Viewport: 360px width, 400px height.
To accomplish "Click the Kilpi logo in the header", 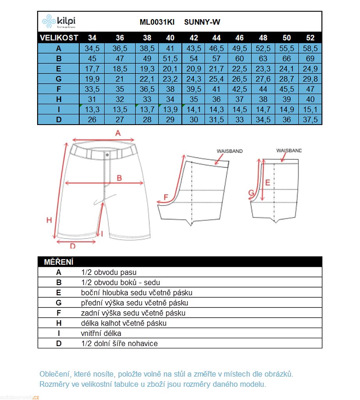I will point(59,21).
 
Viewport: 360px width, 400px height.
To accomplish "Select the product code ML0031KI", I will point(157,22).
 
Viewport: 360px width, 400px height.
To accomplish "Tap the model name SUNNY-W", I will point(202,22).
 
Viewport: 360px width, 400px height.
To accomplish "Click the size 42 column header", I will point(194,38).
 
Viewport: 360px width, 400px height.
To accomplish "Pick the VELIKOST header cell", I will point(59,38).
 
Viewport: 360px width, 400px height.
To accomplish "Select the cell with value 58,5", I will point(310,48).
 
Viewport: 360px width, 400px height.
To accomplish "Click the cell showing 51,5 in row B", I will point(170,59).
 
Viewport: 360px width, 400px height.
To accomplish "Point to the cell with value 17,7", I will point(92,69).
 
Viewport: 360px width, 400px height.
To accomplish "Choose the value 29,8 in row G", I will point(310,79).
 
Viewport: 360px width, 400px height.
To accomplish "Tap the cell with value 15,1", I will point(310,109).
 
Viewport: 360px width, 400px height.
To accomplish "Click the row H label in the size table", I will point(59,99).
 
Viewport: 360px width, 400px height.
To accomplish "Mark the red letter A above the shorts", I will point(118,133).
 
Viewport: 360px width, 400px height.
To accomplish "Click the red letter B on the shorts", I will point(119,178).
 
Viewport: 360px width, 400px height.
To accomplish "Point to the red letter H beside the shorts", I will point(49,220).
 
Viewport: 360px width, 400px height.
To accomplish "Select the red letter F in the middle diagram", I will point(166,198).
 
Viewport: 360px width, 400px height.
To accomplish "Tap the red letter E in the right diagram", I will point(267,182).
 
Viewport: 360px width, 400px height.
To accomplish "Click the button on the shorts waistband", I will point(107,155).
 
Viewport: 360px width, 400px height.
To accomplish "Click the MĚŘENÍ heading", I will point(59,262).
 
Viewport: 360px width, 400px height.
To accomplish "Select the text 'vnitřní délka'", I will point(102,334).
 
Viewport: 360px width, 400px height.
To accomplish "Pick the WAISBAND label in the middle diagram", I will point(230,151).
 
